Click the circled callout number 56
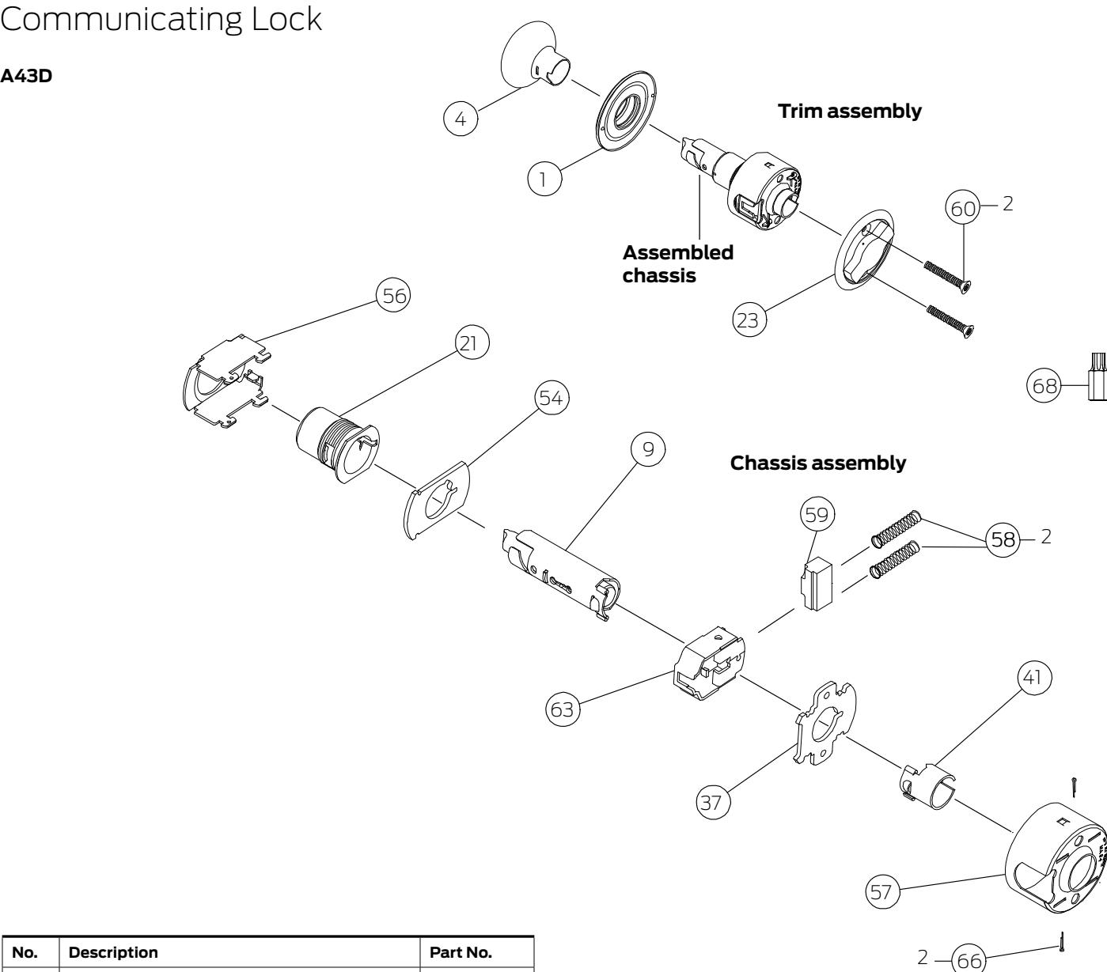393,296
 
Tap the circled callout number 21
472,343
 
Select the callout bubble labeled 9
648,449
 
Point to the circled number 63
563,709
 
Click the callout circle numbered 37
713,802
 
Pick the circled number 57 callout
882,892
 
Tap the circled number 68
1044,385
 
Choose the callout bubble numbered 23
749,320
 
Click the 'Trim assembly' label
850,112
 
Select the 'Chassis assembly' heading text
818,463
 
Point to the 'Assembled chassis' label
677,263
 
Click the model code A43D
26,75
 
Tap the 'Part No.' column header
461,952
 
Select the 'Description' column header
113,952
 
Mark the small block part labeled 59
817,583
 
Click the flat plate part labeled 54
437,500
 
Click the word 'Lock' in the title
286,19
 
